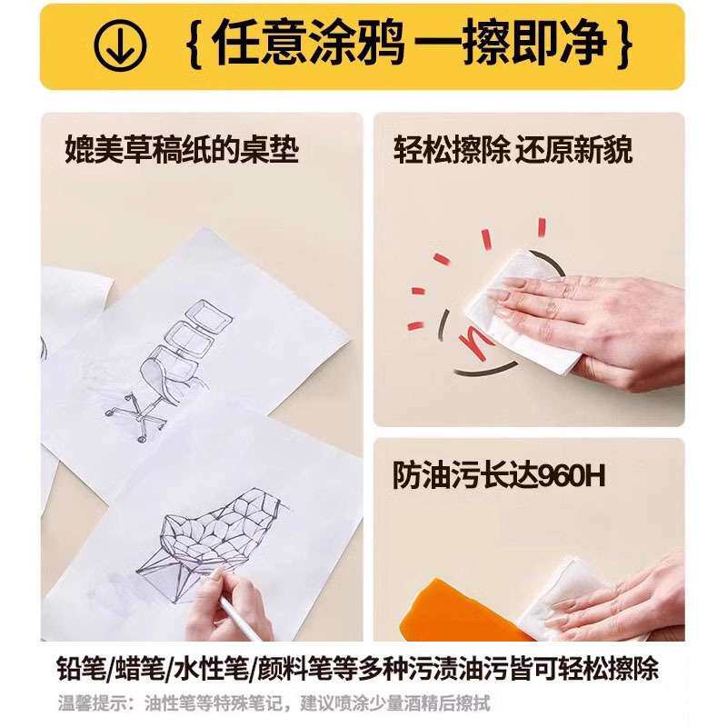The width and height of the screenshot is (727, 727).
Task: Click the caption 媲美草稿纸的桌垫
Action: pyautogui.click(x=182, y=149)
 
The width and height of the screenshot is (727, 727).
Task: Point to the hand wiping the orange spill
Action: pyautogui.click(x=627, y=591)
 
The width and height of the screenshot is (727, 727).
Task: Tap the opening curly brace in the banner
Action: pyautogui.click(x=194, y=45)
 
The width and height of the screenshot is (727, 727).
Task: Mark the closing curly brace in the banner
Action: pyautogui.click(x=624, y=45)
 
